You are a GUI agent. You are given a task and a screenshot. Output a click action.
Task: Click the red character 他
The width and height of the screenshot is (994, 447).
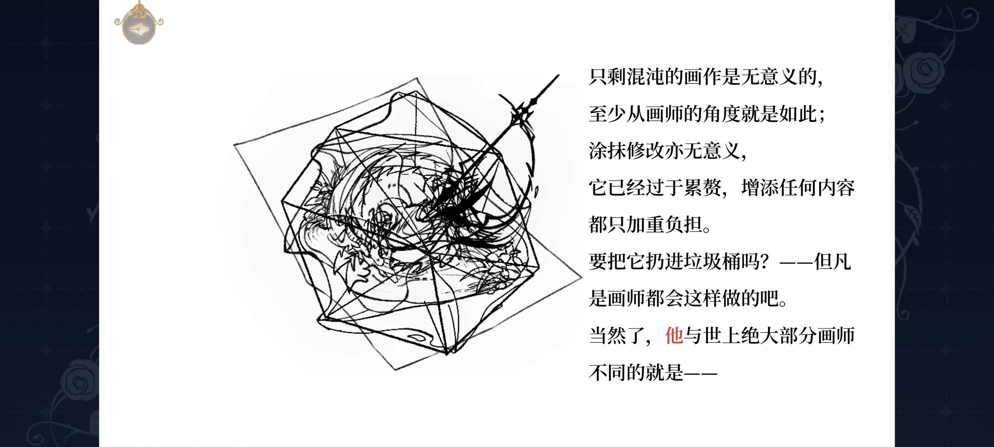point(674,336)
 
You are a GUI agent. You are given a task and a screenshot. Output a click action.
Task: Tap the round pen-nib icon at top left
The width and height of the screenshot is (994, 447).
point(138,28)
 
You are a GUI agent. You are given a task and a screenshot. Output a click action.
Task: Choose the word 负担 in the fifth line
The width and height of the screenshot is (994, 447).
point(683,225)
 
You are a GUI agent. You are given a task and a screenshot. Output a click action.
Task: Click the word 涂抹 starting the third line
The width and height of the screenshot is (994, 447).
point(607,151)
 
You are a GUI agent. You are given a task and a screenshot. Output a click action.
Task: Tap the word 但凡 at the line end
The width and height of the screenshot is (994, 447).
point(833,262)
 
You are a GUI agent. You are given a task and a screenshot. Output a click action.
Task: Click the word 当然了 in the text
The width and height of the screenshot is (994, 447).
point(617,336)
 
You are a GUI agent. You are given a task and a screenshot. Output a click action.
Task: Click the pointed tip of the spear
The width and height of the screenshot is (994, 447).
point(559,75)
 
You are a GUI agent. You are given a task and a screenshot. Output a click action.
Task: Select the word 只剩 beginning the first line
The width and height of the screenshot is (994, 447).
point(607,77)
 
